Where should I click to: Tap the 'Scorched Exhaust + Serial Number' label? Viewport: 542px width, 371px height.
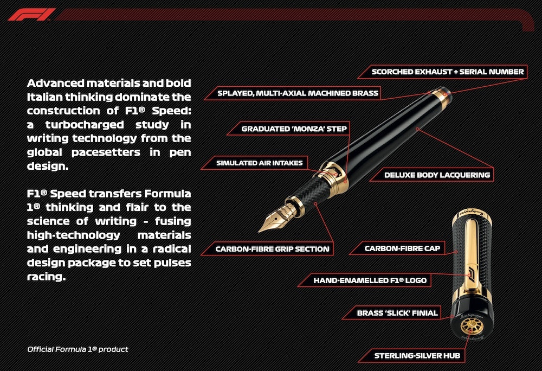[x=448, y=72]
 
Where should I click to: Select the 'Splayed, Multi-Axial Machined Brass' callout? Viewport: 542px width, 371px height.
[x=298, y=93]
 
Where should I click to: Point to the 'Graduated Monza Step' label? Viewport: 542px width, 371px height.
[x=294, y=129]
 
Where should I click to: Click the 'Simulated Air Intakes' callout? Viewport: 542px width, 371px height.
[x=259, y=163]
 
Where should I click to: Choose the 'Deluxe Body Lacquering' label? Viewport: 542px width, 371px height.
[x=437, y=175]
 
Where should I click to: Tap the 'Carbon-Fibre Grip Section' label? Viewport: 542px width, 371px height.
[x=272, y=249]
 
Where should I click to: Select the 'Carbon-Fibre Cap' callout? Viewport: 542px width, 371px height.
[x=402, y=248]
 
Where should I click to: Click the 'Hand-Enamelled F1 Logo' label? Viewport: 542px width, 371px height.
[x=370, y=280]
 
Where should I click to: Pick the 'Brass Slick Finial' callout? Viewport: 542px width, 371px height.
[x=397, y=313]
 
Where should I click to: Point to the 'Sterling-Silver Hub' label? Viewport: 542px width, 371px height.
[x=417, y=355]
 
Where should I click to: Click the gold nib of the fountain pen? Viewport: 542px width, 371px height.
[x=275, y=218]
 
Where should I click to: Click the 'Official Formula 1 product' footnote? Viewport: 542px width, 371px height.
[x=78, y=349]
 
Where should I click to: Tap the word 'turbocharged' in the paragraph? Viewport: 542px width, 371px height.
[x=85, y=124]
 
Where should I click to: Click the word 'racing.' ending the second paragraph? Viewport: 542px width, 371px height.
[x=46, y=277]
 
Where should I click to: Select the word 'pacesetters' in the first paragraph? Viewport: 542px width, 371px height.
[x=106, y=152]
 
